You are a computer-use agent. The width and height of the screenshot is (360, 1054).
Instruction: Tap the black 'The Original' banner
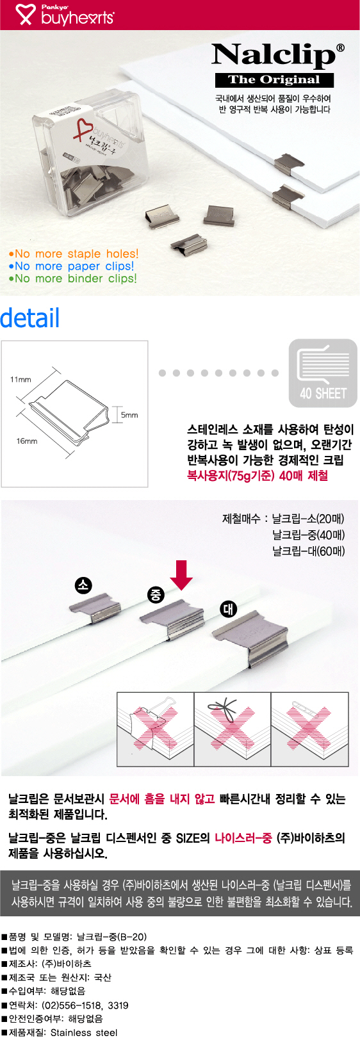click(x=274, y=80)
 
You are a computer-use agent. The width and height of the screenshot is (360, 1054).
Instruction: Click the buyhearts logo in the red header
click(x=65, y=15)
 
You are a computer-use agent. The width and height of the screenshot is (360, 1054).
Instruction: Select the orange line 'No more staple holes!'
click(x=74, y=254)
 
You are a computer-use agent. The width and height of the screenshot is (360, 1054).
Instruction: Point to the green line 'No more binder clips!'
click(x=72, y=278)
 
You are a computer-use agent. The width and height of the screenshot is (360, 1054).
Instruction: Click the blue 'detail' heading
click(x=29, y=318)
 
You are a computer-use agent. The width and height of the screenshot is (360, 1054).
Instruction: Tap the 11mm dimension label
click(x=20, y=379)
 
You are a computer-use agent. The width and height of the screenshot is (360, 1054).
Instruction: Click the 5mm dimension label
click(x=129, y=415)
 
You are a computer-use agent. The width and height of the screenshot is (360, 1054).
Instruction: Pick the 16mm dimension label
click(x=27, y=441)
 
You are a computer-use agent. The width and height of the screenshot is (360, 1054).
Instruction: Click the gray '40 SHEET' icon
click(x=323, y=373)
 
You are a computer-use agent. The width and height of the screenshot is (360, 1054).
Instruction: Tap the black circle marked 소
click(x=83, y=585)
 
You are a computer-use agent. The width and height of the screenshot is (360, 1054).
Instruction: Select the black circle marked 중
click(x=156, y=595)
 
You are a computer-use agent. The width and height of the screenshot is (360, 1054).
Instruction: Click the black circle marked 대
click(x=228, y=610)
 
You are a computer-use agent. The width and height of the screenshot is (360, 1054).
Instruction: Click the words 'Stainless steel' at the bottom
click(x=84, y=1033)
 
